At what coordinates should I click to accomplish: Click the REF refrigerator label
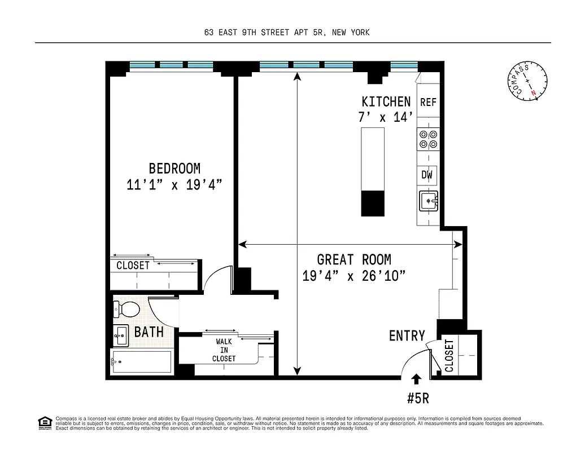point(428,103)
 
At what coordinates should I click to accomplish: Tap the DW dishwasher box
point(427,175)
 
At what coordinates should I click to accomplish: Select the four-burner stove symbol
point(427,139)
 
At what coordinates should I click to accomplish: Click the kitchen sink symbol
point(428,201)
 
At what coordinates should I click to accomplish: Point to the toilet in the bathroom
point(126,309)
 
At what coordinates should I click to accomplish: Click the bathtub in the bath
point(141,362)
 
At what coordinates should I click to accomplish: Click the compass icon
point(527,82)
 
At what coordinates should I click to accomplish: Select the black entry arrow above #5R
point(417,378)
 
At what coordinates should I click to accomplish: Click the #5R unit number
point(418,398)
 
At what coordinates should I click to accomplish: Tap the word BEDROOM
point(174,168)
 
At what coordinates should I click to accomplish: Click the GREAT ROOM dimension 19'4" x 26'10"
point(354,276)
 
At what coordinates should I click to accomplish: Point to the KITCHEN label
point(386,101)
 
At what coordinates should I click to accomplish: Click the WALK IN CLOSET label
point(224,350)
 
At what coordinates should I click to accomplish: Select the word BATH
point(149,331)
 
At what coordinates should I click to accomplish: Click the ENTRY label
point(407,336)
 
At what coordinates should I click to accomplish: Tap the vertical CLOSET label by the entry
point(449,355)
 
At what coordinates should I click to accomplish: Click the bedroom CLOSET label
point(133,266)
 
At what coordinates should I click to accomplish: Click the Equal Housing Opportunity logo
point(44,422)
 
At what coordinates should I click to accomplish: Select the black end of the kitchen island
point(373,203)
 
